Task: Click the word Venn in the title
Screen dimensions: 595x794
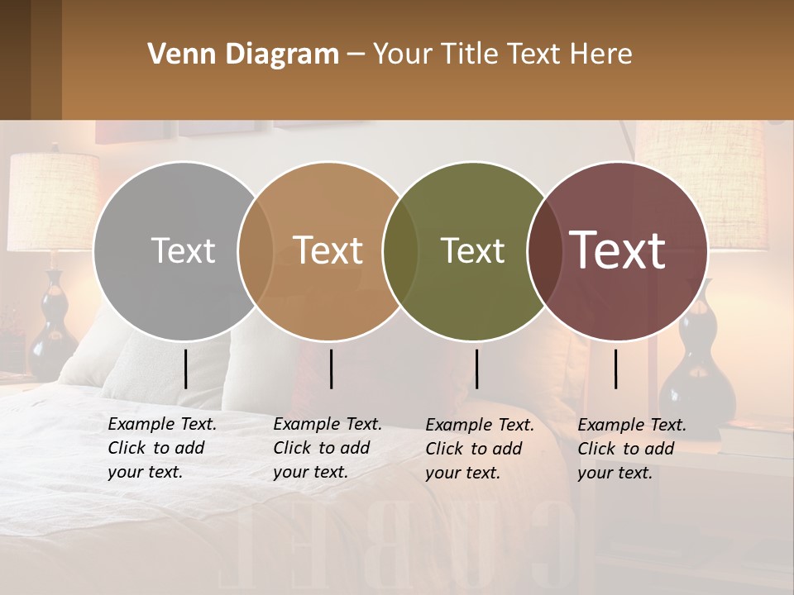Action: (178, 55)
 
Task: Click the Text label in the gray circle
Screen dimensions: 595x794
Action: (183, 250)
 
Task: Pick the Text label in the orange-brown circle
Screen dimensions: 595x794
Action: (328, 250)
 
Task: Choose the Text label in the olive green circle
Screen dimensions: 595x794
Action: (472, 250)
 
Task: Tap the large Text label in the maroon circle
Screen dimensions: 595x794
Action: (618, 250)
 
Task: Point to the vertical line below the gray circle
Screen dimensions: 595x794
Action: (185, 369)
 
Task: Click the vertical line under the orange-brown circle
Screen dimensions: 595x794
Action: (331, 369)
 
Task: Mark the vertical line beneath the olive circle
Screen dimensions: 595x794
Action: (476, 369)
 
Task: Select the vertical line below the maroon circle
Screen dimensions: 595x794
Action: (616, 369)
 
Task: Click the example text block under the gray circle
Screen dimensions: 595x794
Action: (162, 448)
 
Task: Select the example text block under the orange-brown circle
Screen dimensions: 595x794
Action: (328, 448)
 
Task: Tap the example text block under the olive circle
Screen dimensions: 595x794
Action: (480, 449)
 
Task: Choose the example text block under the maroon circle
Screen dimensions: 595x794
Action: (632, 449)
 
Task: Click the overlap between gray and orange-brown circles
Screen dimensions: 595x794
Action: (256, 250)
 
